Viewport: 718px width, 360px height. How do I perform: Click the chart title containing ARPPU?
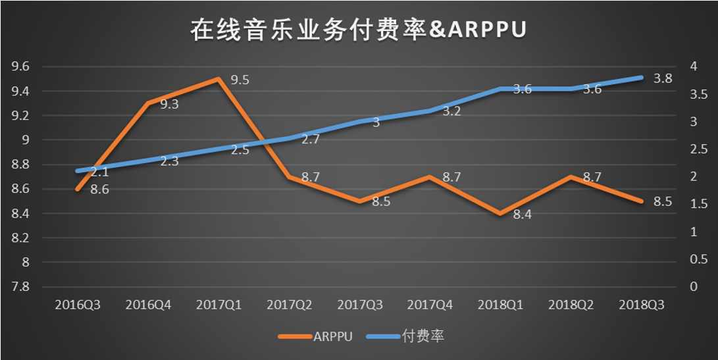(x=359, y=30)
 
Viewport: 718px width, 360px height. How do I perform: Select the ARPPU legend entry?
(x=316, y=336)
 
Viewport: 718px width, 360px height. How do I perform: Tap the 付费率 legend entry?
(x=412, y=336)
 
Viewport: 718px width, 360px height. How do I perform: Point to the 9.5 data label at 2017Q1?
(x=240, y=80)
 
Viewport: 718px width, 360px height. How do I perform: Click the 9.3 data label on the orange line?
(x=170, y=103)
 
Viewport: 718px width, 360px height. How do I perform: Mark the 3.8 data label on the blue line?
(x=663, y=78)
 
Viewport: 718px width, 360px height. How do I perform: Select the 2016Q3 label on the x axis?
(x=77, y=305)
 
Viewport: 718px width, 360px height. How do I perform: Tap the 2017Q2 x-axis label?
(x=289, y=305)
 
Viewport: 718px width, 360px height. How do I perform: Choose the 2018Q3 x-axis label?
(x=642, y=305)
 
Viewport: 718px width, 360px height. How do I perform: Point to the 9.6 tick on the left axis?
(x=20, y=66)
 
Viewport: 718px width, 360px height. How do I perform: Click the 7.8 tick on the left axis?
(x=20, y=287)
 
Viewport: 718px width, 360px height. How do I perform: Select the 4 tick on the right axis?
(x=692, y=66)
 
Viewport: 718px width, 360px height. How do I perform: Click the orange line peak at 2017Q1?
(x=218, y=79)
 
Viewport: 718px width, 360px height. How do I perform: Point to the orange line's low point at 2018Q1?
(x=500, y=213)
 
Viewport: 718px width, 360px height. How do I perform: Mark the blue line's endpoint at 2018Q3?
(x=642, y=78)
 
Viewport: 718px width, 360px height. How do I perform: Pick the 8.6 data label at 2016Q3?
(x=99, y=190)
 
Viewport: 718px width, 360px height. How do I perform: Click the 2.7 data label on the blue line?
(x=310, y=140)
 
